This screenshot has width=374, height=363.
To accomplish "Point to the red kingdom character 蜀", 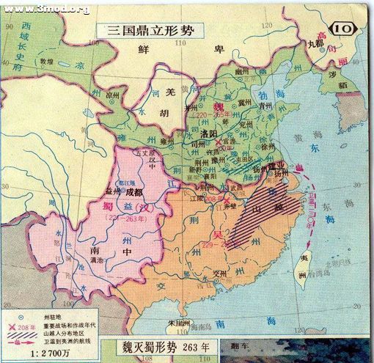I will [107, 205].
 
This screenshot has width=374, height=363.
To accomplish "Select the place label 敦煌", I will [47, 63].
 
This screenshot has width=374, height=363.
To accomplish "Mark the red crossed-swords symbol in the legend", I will [11, 325].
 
